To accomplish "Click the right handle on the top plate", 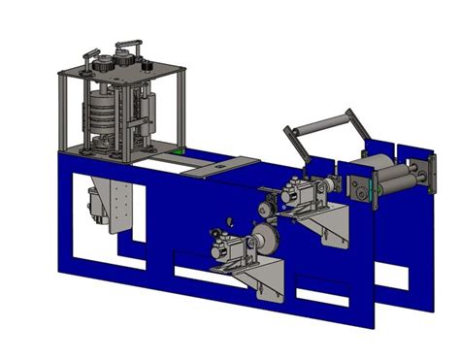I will (129, 46).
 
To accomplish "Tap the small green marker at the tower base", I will (176, 153).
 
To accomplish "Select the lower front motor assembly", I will (230, 246).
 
